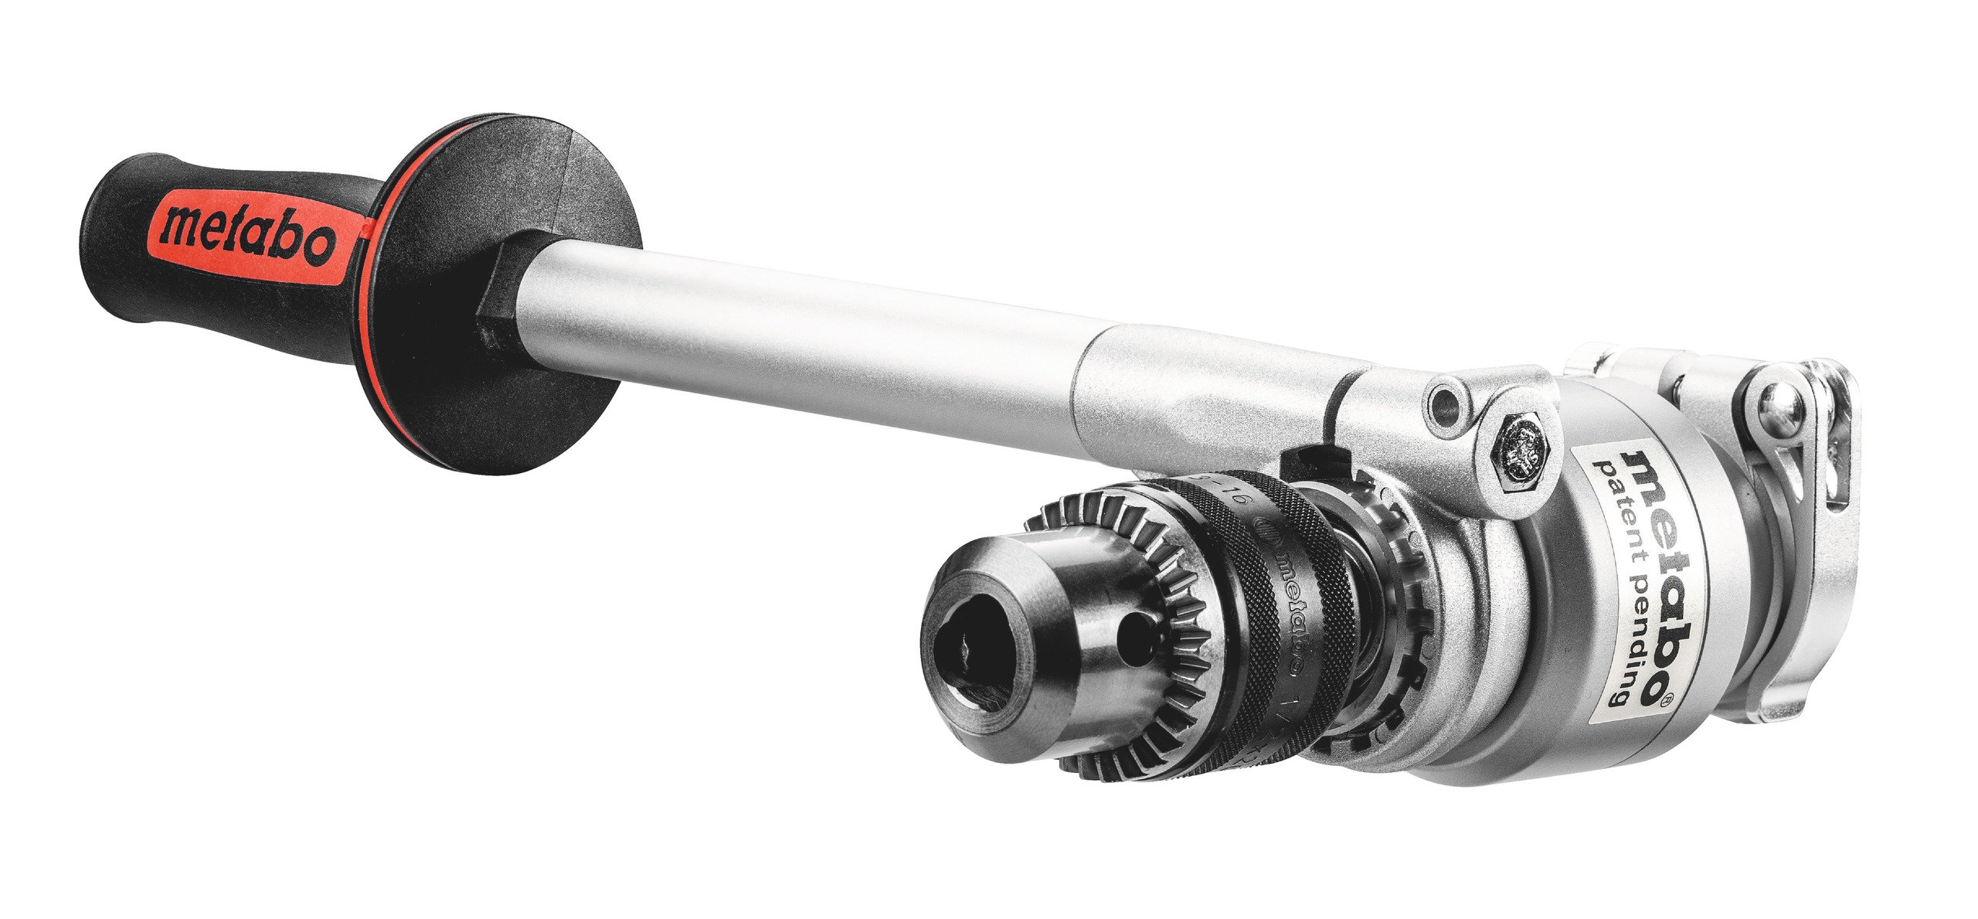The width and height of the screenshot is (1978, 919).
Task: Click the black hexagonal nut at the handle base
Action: click(494, 309)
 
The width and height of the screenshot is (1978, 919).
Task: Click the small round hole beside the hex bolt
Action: click(1442, 401)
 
